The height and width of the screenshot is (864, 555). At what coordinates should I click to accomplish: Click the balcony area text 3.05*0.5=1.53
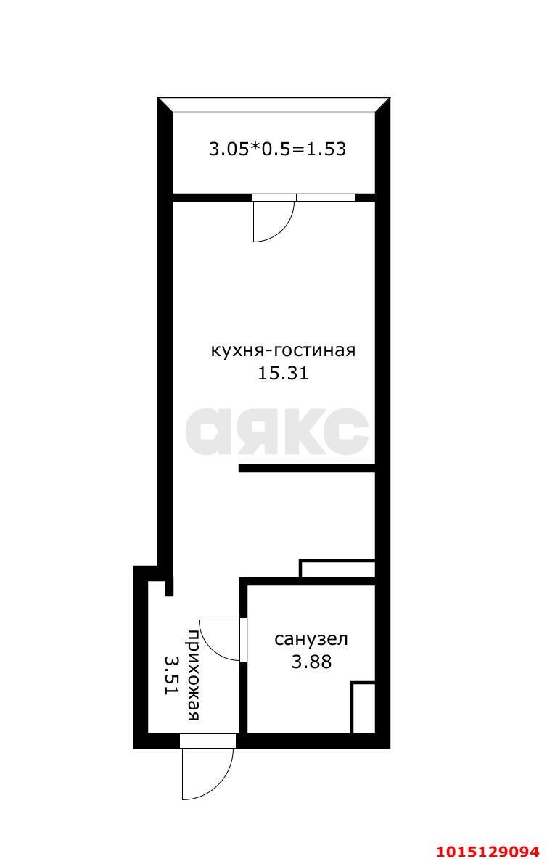[277, 149]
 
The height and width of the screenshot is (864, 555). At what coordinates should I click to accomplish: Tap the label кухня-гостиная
[283, 351]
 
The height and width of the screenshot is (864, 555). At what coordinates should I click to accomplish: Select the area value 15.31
[283, 374]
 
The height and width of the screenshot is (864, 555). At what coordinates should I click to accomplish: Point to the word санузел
[311, 639]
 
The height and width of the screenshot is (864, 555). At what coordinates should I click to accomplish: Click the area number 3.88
[311, 662]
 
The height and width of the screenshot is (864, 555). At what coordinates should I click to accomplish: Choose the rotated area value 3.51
[171, 675]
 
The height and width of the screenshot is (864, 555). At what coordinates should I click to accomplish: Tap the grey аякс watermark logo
[276, 431]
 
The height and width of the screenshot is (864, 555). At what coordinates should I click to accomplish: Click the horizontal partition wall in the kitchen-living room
[306, 469]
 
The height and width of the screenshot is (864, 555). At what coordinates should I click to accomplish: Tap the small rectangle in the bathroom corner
[363, 707]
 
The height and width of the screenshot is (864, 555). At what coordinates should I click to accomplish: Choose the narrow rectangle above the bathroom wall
[337, 568]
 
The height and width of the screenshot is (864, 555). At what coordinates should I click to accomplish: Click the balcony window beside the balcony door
[325, 197]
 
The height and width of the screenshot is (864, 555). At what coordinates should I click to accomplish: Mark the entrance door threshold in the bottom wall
[207, 741]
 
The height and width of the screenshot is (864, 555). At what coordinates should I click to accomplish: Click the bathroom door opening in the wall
[244, 640]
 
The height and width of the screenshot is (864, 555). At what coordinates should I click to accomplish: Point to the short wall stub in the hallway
[169, 586]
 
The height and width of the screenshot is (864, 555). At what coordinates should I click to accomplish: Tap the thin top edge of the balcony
[274, 99]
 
